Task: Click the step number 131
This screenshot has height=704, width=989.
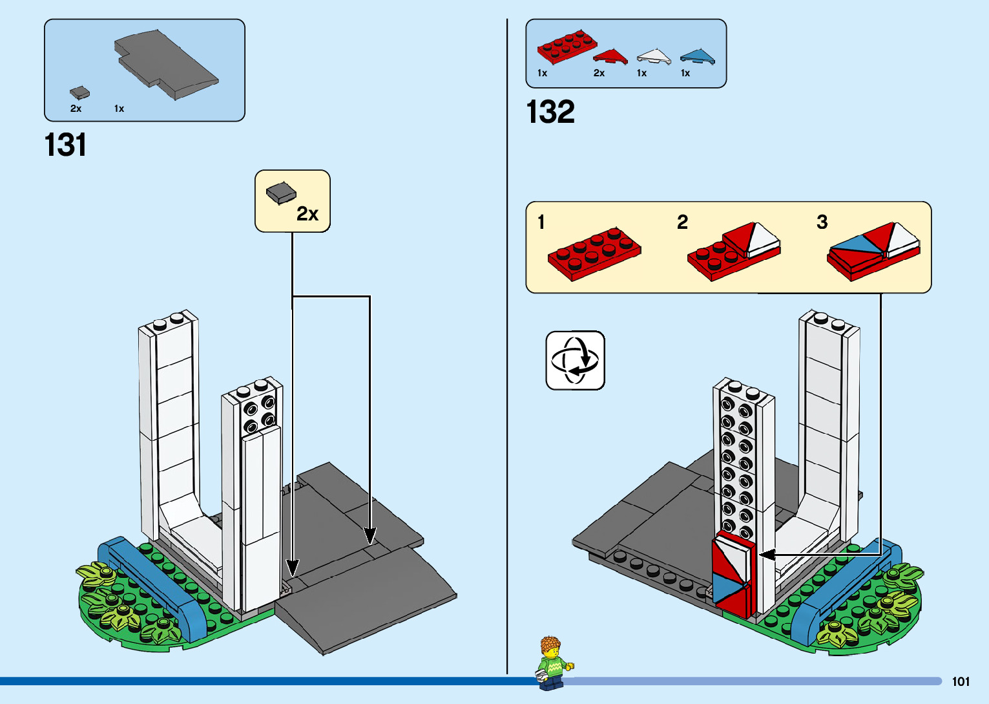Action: [x=65, y=145]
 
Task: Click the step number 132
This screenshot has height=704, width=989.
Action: [x=550, y=112]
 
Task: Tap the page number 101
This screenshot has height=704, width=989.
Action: [x=961, y=681]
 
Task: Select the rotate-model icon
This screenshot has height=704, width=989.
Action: [x=575, y=360]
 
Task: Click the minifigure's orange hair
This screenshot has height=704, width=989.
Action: [x=550, y=645]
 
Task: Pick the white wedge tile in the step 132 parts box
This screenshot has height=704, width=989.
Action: [x=654, y=57]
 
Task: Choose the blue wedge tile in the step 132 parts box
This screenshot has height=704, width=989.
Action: [x=698, y=57]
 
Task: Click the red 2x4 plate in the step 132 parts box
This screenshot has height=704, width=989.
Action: [x=567, y=47]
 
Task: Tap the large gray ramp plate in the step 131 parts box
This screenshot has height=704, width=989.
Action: [x=166, y=63]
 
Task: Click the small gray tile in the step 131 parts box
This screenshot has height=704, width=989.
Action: [x=79, y=93]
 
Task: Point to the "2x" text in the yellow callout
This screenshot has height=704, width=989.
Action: [x=307, y=214]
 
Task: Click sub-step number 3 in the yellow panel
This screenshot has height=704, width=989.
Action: [x=822, y=222]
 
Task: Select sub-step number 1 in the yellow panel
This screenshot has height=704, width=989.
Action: [x=541, y=222]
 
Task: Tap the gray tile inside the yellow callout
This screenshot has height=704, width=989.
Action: [x=281, y=193]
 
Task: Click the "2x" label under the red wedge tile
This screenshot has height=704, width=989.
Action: [x=599, y=73]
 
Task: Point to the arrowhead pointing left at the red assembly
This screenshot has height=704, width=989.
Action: [x=767, y=555]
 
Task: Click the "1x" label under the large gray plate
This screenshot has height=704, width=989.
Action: [x=119, y=109]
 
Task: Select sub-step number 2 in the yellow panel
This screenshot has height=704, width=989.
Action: [x=682, y=222]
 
